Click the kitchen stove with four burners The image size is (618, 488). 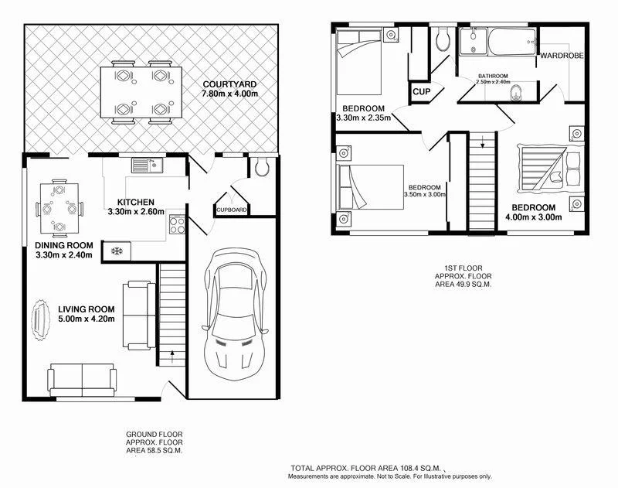(x=176, y=225)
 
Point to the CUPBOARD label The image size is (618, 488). (x=231, y=210)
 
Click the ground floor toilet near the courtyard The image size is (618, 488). (x=261, y=166)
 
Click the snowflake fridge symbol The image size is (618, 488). (x=117, y=251)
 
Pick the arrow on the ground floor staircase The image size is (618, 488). (x=171, y=357)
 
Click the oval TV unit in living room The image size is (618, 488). (x=36, y=319)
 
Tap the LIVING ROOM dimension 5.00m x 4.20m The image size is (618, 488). (x=87, y=319)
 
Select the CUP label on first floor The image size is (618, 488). (x=421, y=91)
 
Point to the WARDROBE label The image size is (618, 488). (x=561, y=56)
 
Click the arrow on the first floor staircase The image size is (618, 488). (x=482, y=142)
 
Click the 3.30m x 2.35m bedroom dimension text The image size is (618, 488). (x=363, y=118)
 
